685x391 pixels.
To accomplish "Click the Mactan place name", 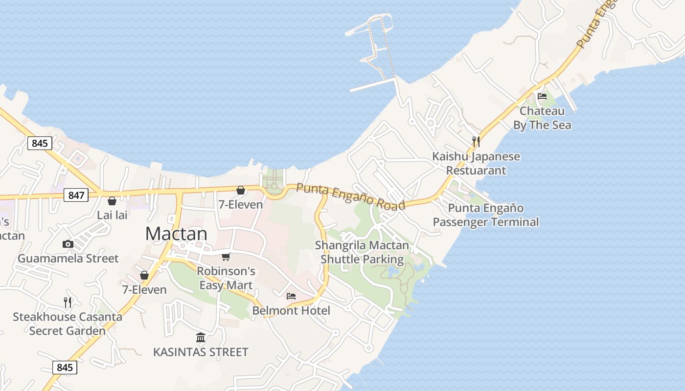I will coord(176,234).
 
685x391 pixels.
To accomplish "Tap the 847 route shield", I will coord(76,195).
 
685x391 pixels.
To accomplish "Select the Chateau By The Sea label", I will coord(542,118).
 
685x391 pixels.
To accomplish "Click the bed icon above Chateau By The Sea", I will coord(542,96).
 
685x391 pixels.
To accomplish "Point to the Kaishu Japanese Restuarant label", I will coord(476,164).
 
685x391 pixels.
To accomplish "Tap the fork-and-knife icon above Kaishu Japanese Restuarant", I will coord(476,142).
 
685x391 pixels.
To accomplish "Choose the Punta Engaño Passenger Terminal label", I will coord(486,216).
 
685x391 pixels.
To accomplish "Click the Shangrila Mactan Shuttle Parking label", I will coord(362,252).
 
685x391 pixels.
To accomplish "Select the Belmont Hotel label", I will coord(291,310).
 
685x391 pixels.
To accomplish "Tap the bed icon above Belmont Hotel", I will coord(291,296).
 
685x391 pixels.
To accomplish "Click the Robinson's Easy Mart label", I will coord(226,278).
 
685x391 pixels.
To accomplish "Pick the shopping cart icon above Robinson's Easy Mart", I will coord(226,257).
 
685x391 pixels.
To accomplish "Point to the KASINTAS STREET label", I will coord(201,352).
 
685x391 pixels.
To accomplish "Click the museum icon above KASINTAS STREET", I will coord(201,337).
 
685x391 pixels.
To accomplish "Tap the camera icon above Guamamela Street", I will coord(68,244).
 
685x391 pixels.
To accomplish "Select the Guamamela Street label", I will coord(68,259).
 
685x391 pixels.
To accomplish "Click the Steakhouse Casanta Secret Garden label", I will coord(68,324).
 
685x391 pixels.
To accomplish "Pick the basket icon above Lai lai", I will coord(112,200).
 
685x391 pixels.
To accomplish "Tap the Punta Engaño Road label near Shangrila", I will coord(351,196).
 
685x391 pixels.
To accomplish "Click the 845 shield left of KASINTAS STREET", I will coord(65,368).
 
